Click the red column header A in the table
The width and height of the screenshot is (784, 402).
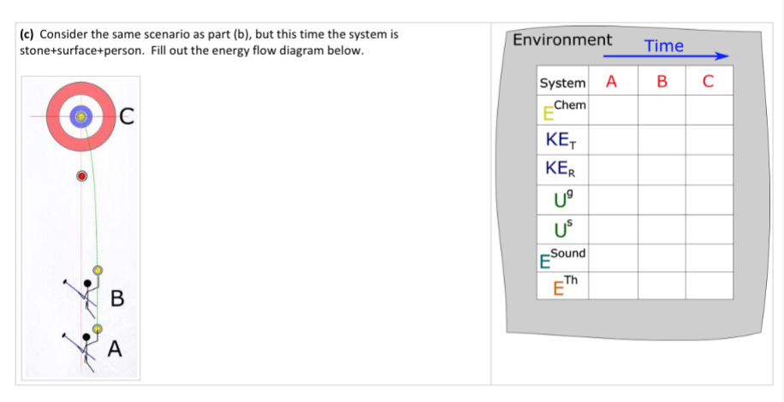pos(611,82)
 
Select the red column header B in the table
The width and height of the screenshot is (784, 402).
pos(662,82)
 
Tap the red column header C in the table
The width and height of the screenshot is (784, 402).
pos(708,82)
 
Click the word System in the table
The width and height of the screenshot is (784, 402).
pos(562,83)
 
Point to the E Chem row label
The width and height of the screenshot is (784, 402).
pos(564,110)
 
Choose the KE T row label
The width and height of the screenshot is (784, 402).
pos(561,140)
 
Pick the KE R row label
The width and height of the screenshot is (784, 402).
pos(561,170)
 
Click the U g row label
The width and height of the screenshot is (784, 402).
pos(562,199)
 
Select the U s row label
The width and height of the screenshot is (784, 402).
pos(562,229)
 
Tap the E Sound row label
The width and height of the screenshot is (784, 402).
pos(562,258)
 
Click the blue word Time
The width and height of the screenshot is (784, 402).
pos(664,46)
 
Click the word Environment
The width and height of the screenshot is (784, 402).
pos(562,39)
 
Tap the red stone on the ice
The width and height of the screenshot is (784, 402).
pos(82,176)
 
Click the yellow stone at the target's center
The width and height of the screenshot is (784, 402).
pos(80,116)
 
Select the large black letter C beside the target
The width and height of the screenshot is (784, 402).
pos(127,117)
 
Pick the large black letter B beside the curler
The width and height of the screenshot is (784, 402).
pos(116,299)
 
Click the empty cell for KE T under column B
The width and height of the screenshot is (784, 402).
pos(662,139)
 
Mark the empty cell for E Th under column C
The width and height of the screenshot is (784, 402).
pos(710,286)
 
